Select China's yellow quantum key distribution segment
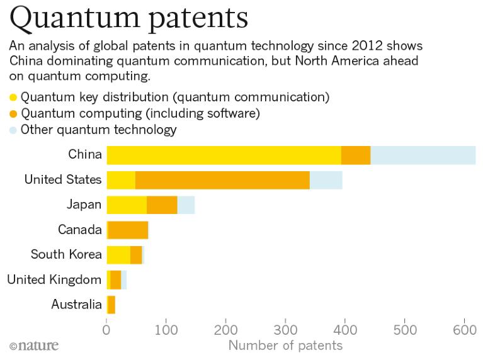[x=224, y=154]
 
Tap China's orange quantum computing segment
[x=356, y=154]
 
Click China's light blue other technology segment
[x=423, y=154]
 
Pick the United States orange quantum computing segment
[x=222, y=179]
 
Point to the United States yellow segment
[x=121, y=179]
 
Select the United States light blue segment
[x=326, y=179]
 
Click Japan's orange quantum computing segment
[x=162, y=205]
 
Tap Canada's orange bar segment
[x=128, y=230]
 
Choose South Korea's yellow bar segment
[x=118, y=255]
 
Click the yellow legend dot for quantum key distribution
[x=13, y=98]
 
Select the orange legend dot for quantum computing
[x=13, y=114]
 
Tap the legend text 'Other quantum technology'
[x=99, y=130]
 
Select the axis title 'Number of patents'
[x=285, y=345]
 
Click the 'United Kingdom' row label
[x=54, y=279]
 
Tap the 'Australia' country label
[x=76, y=305]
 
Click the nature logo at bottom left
[x=34, y=345]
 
